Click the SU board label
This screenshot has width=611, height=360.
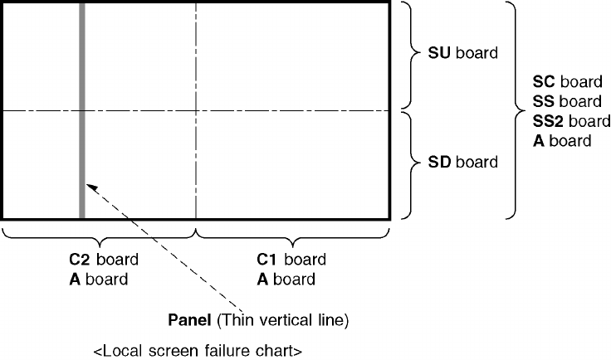tap(462, 55)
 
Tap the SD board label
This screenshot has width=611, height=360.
tap(462, 162)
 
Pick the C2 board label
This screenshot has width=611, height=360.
tap(103, 260)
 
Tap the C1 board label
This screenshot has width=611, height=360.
tap(291, 260)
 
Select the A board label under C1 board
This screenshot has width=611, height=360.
tap(286, 279)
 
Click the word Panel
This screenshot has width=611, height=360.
tap(188, 319)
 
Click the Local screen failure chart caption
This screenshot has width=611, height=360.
tap(197, 351)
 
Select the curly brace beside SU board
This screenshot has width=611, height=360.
tap(412, 55)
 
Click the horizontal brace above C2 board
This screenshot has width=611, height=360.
tap(99, 235)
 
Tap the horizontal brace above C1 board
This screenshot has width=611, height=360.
tap(292, 235)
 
